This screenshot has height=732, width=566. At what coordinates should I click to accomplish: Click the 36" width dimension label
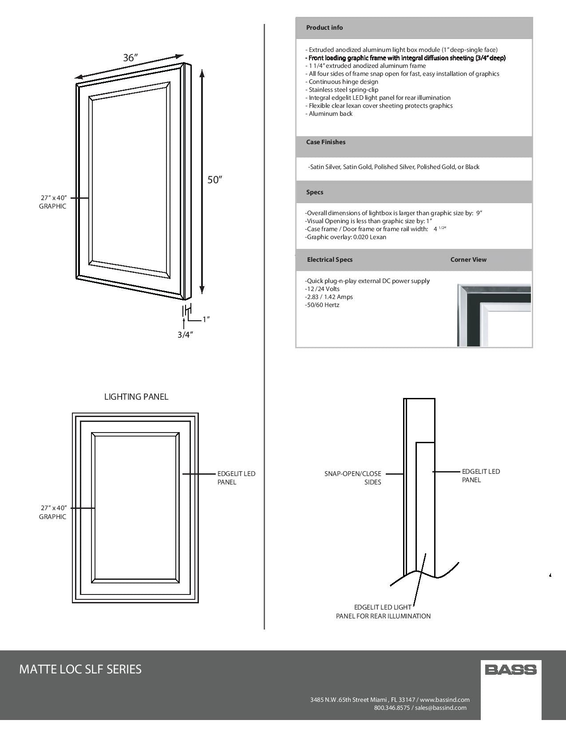tap(131, 58)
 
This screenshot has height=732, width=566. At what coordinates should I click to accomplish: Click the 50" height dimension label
tap(214, 180)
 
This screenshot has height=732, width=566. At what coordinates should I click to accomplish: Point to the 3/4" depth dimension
tap(185, 335)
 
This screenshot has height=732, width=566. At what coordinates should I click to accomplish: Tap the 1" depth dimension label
tap(206, 319)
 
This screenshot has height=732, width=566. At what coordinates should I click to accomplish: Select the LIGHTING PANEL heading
tap(136, 397)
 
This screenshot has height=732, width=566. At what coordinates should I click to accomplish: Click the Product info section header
tap(325, 28)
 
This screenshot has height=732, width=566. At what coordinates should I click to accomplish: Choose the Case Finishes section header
tap(325, 142)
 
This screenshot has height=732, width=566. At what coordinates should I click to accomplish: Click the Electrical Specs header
tap(330, 260)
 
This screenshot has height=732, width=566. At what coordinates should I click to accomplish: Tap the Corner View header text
tap(468, 260)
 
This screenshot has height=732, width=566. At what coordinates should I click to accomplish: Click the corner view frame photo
tap(494, 315)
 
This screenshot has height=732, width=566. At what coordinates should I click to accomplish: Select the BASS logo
tap(511, 669)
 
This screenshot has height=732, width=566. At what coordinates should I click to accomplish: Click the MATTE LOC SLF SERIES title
tap(80, 669)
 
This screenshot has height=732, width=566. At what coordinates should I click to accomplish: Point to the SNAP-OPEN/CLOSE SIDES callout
tap(353, 478)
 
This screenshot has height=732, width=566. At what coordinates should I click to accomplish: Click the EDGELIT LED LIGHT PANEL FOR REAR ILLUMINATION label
tap(383, 611)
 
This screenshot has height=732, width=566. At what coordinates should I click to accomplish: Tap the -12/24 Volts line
tap(322, 289)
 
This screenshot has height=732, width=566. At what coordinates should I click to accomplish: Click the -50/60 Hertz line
tap(322, 305)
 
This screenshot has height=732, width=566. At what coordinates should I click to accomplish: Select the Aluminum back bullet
tap(329, 114)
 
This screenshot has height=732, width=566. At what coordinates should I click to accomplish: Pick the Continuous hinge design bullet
tap(342, 82)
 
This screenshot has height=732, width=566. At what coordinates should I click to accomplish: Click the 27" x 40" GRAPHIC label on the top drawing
tap(53, 202)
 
